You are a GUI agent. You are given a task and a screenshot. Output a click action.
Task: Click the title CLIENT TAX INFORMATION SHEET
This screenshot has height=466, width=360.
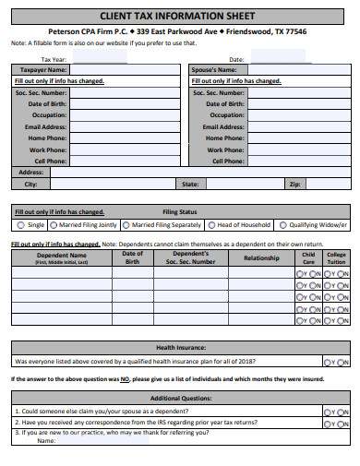(180, 16)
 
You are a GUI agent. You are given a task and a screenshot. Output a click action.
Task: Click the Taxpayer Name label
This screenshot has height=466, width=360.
(43, 70)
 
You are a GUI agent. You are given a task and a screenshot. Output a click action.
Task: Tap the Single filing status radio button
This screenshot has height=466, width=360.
(21, 224)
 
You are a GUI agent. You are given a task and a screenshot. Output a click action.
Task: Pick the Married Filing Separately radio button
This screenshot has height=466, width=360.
(126, 224)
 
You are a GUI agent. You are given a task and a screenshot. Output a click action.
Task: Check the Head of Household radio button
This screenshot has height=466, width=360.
(210, 224)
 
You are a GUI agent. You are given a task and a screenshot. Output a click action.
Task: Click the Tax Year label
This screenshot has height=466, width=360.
(53, 58)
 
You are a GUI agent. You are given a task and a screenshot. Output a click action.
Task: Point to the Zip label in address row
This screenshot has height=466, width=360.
(294, 184)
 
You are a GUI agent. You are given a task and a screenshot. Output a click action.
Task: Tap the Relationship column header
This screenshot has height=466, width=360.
(261, 258)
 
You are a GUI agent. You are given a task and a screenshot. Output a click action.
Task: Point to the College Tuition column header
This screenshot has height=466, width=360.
(336, 257)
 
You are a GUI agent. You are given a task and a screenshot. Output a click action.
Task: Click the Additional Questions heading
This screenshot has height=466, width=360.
(179, 399)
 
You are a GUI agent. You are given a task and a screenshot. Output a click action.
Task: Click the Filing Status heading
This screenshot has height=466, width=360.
(179, 211)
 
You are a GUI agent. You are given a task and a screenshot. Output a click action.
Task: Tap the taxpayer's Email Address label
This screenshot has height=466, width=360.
(46, 126)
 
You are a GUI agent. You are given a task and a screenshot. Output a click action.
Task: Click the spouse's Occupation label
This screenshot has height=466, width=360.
(226, 115)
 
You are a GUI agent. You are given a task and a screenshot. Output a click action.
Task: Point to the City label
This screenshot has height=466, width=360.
(30, 184)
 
